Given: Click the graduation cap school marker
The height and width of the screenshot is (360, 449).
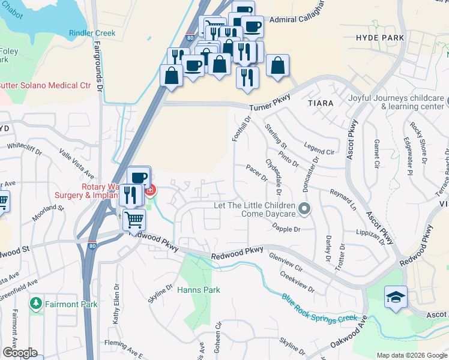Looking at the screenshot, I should point(396,297).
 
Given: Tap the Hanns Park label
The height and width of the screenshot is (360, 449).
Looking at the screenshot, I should point(199,290).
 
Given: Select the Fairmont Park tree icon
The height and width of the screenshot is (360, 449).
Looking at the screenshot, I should point(37,304).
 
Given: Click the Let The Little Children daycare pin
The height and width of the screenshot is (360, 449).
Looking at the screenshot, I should point(305,209).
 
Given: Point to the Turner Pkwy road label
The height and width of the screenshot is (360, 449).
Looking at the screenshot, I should point(270,103).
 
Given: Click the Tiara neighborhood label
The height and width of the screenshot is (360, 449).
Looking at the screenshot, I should point(320,103).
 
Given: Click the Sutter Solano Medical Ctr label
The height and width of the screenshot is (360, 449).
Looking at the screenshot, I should point(46,85).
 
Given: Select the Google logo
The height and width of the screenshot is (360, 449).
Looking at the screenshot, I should point(20,353).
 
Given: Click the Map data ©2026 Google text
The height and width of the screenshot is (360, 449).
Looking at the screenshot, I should point(411,355).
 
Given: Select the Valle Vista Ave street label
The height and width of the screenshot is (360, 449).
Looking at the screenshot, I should point(77,164).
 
